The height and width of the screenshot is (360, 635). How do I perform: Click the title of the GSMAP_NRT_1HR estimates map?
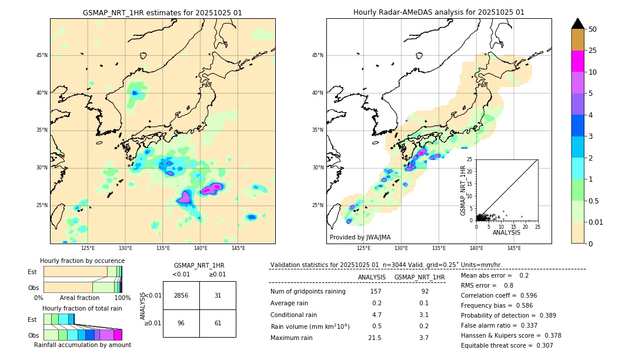pos(162,12)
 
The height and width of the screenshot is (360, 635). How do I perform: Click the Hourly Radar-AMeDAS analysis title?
pos(439,12)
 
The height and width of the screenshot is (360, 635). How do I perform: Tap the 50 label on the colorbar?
pos(593,29)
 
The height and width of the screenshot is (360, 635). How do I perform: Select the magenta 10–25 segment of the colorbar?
pos(577,61)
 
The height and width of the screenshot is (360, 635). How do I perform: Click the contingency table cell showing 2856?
pos(181,295)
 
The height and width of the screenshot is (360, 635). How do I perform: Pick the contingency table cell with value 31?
pos(218,295)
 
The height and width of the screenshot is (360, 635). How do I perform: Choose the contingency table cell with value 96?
pos(181,323)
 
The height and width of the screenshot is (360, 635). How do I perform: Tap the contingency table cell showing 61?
pos(218,323)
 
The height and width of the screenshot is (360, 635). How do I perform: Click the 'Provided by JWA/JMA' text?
pos(360,237)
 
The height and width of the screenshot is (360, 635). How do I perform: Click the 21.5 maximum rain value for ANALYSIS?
pos(374,338)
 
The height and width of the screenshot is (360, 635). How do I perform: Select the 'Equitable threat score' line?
pos(507,345)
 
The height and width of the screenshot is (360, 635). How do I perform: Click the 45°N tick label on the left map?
pos(42,55)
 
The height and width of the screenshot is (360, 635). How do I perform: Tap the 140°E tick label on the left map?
pos(200,248)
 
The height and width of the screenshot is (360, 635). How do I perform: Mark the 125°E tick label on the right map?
pos(364,248)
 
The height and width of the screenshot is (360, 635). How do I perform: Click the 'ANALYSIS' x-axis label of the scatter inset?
pos(506,232)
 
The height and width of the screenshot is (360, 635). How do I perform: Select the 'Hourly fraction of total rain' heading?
pos(82,308)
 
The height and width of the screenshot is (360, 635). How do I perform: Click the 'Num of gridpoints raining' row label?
pos(308,291)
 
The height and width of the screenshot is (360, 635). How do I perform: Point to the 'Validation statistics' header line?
pos(386,265)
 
